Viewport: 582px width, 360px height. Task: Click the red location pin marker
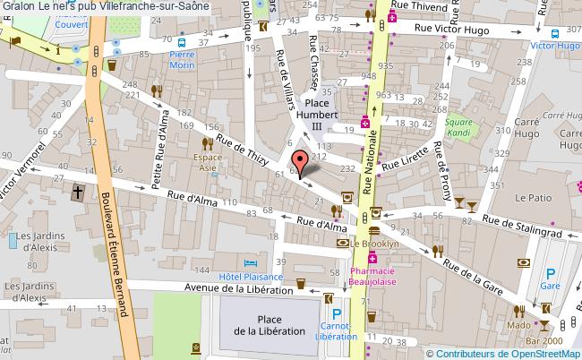coord(304,161)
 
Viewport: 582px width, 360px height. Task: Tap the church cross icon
coord(78,191)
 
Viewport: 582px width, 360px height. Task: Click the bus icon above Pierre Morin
coord(182,41)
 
